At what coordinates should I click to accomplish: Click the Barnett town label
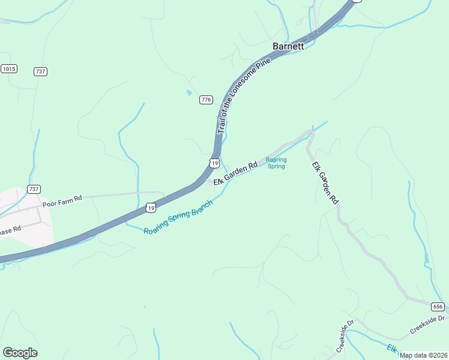[x=289, y=46]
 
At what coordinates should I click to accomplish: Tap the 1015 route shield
[x=8, y=69]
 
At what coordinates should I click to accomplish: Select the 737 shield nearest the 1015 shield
[x=41, y=71]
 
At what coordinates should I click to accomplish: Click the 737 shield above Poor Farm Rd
[x=34, y=189]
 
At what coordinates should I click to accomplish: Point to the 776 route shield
[x=206, y=100]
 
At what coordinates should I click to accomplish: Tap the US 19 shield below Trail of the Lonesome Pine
[x=214, y=163]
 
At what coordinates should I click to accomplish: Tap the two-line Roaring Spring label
[x=276, y=163]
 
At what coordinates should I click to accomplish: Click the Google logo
[x=20, y=353]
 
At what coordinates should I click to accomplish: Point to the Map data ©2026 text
[x=424, y=355]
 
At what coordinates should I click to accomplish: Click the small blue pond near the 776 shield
[x=190, y=92]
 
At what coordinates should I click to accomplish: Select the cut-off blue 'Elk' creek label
[x=391, y=349]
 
